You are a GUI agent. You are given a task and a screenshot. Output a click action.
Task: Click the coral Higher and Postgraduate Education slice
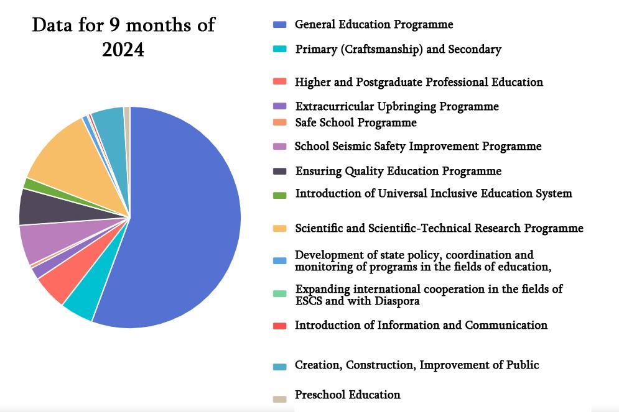pyautogui.click(x=59, y=283)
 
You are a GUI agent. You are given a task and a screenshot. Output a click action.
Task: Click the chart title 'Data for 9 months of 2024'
pyautogui.click(x=123, y=37)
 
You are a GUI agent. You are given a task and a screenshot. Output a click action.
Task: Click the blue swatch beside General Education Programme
pyautogui.click(x=280, y=25)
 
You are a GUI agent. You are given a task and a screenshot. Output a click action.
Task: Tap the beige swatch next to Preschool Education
pyautogui.click(x=280, y=398)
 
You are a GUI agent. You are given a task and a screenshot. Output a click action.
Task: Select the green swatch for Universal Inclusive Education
pyautogui.click(x=280, y=195)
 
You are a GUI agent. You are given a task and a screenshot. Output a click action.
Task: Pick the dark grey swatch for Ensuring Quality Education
pyautogui.click(x=280, y=172)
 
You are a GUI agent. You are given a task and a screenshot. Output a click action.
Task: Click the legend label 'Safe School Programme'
pyautogui.click(x=356, y=123)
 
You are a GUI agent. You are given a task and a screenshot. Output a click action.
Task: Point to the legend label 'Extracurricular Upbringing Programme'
pyautogui.click(x=397, y=106)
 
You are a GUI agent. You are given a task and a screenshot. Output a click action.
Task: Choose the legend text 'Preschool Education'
pyautogui.click(x=347, y=395)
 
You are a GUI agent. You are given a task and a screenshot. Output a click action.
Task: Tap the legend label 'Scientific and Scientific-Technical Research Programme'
pyautogui.click(x=439, y=228)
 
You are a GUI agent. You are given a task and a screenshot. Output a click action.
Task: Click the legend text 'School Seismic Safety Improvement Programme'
pyautogui.click(x=418, y=146)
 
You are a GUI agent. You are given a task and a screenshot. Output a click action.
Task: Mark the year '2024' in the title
pyautogui.click(x=123, y=50)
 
